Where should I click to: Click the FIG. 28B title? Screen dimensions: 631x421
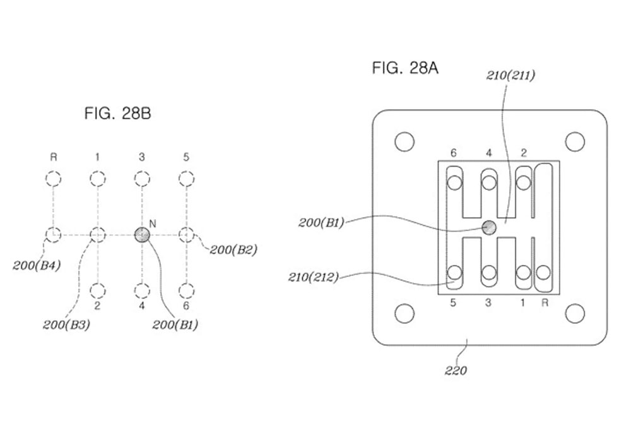(117, 114)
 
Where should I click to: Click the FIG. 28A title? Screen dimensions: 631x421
(405, 68)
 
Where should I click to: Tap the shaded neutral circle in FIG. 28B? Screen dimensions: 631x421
(142, 234)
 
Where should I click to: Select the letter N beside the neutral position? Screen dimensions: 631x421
(153, 223)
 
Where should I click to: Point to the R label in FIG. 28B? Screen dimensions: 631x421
(53, 157)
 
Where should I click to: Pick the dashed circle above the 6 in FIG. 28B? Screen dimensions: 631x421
(186, 290)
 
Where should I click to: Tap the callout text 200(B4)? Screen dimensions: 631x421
(37, 266)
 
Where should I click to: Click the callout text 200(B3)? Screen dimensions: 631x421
(66, 324)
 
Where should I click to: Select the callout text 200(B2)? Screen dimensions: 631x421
(233, 250)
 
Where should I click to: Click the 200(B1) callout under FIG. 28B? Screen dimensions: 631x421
(175, 324)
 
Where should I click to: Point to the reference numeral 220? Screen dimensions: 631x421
(456, 371)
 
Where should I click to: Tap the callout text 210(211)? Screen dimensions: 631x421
(510, 75)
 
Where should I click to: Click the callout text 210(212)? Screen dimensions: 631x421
(314, 277)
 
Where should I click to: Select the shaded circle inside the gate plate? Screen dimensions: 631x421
(489, 228)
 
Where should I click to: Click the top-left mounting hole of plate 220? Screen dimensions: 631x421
(404, 141)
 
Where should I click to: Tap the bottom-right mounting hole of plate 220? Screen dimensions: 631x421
(575, 314)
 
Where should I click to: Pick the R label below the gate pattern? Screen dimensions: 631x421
(545, 303)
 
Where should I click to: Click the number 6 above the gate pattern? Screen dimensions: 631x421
(454, 153)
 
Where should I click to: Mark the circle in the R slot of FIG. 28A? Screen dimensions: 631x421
(543, 273)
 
